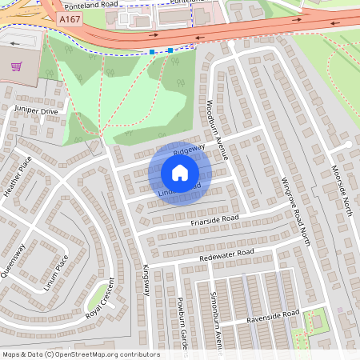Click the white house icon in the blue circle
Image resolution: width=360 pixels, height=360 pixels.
tap(180, 173)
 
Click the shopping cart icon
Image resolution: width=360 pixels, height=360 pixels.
tap(14, 68)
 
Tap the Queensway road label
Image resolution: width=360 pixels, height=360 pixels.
tap(14, 260)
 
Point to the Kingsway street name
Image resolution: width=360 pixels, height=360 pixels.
tap(146, 281)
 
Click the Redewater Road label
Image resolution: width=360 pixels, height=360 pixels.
tap(227, 254)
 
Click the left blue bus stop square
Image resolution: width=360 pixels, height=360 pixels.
tap(152, 51)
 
